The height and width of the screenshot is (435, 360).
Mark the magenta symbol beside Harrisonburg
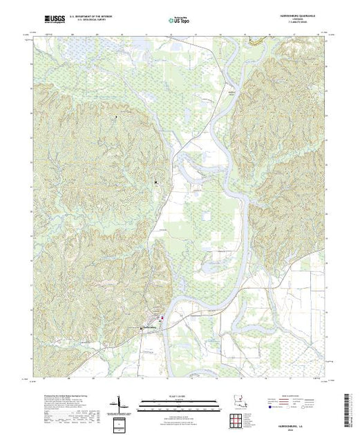point(162,318)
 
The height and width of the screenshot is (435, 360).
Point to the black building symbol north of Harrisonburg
point(156,182)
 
